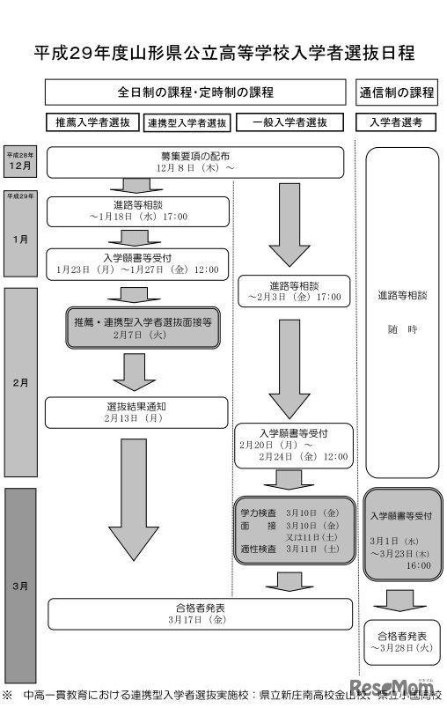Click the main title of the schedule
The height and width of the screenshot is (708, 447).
click(x=223, y=53)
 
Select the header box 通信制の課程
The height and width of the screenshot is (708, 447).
click(x=397, y=92)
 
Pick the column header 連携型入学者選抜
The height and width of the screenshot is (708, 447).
click(x=187, y=122)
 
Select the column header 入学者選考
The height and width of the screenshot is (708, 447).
click(x=397, y=122)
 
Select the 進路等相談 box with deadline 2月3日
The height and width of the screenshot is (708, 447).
click(x=293, y=292)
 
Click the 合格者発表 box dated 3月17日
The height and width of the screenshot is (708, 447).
click(x=195, y=614)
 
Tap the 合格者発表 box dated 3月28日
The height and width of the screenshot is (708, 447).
click(x=400, y=641)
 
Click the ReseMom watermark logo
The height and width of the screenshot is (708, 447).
click(x=407, y=686)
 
